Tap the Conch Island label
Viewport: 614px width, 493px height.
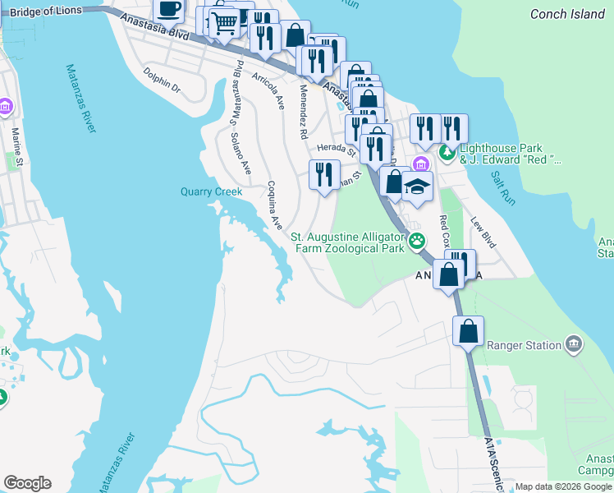tap(567, 14)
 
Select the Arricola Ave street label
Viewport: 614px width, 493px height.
tap(268, 91)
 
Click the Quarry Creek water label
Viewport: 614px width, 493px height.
tap(211, 191)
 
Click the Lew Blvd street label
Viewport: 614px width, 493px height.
tap(483, 233)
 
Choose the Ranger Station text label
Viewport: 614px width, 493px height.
tap(523, 345)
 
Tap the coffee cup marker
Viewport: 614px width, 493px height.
tap(170, 10)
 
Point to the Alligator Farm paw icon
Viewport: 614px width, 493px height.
tap(418, 241)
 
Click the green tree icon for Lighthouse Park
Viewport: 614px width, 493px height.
tap(447, 152)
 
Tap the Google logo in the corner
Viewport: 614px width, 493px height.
tap(27, 483)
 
